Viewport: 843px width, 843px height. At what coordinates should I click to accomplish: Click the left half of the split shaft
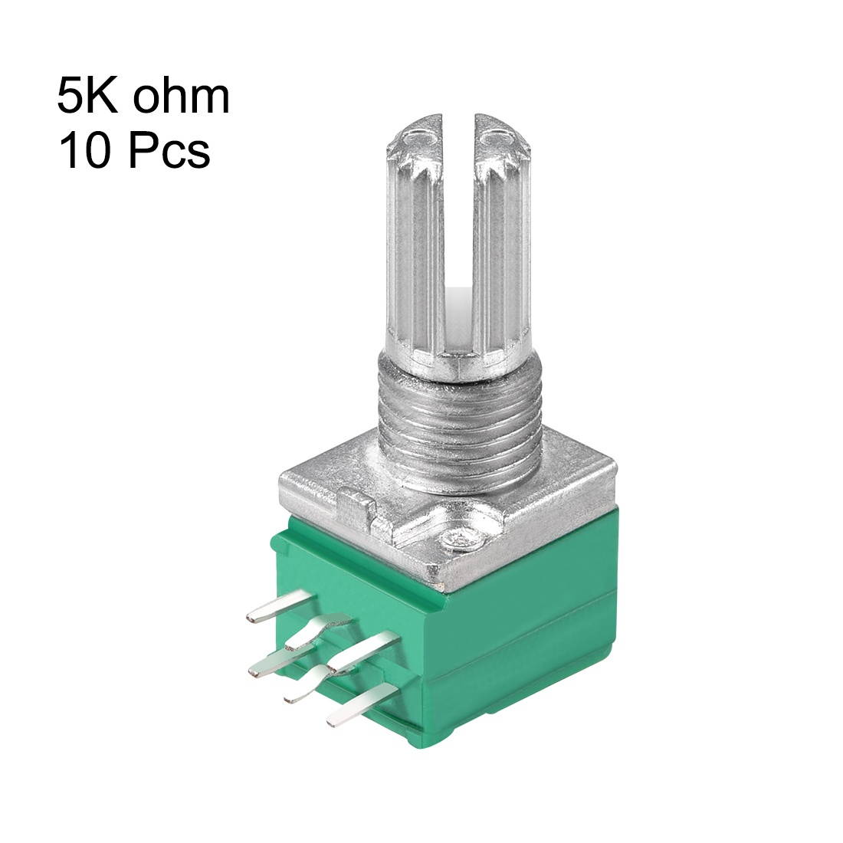point(418,245)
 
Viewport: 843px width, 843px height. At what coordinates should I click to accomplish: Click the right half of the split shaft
point(502,245)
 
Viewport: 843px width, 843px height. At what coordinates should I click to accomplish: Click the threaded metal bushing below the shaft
point(460,429)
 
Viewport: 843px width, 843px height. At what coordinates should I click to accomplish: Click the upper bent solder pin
point(316,629)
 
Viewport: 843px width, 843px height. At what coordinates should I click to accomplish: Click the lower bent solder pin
point(310,686)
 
